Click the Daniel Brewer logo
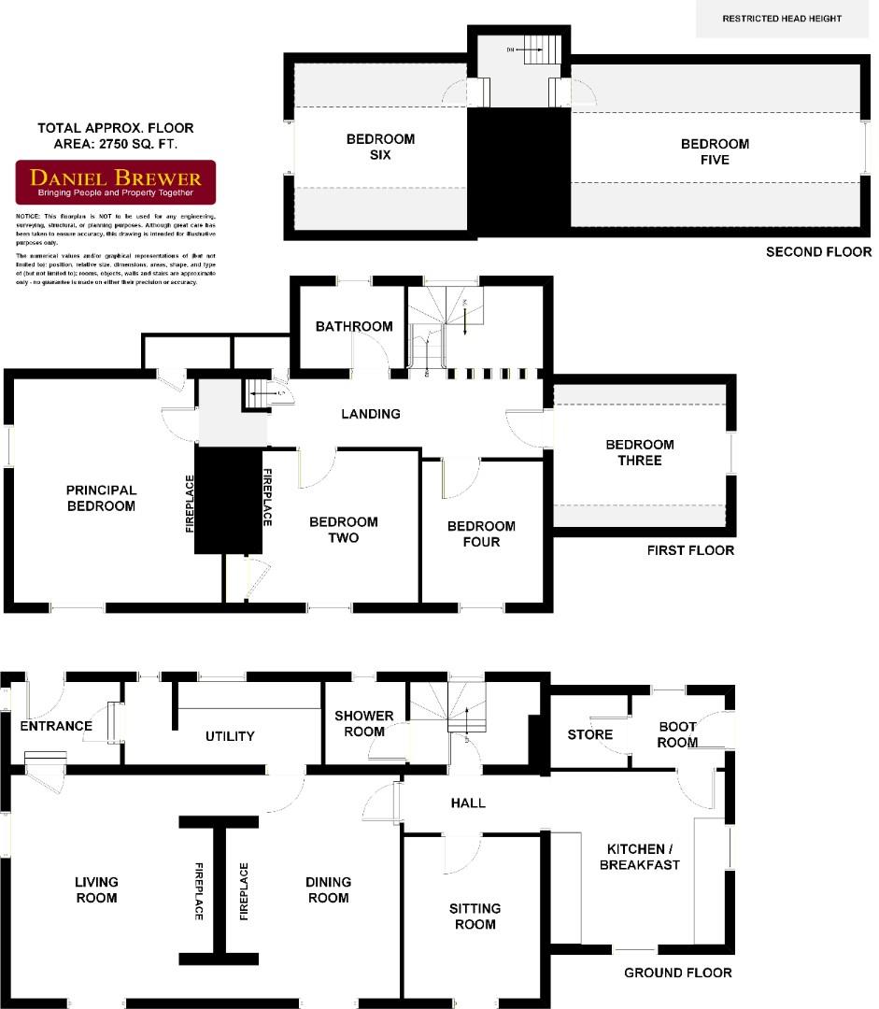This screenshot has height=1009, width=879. click(x=116, y=182)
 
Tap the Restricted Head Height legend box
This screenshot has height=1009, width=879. click(x=781, y=19)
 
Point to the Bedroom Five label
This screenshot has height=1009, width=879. click(x=715, y=151)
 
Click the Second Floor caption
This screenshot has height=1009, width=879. click(x=818, y=252)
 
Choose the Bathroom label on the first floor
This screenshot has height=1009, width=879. click(x=353, y=326)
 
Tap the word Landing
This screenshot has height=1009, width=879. click(x=371, y=414)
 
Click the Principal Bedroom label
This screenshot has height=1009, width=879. click(x=101, y=498)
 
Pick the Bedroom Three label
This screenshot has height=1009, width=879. click(x=639, y=452)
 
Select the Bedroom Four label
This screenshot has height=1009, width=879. click(x=480, y=533)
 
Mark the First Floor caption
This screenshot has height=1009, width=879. click(x=690, y=550)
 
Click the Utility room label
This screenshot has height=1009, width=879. click(x=230, y=736)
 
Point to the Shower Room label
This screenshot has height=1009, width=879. click(x=364, y=724)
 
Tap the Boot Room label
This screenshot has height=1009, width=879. click(x=678, y=734)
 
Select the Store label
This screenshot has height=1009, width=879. click(x=589, y=734)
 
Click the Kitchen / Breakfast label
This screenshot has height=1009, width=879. click(x=644, y=857)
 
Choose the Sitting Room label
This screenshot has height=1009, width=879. click(x=475, y=917)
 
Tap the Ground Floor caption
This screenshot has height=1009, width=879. click(x=677, y=973)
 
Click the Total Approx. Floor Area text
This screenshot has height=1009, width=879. click(x=116, y=136)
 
